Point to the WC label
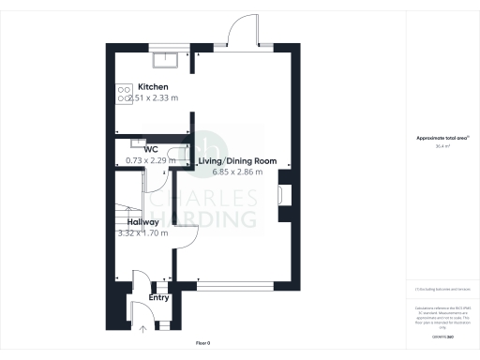tap(150, 149)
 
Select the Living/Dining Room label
tap(237, 161)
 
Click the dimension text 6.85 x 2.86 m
tap(237, 172)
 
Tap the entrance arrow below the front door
tap(143, 329)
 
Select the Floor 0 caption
tap(203, 344)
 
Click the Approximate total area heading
tap(441, 139)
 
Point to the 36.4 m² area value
tap(441, 146)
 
